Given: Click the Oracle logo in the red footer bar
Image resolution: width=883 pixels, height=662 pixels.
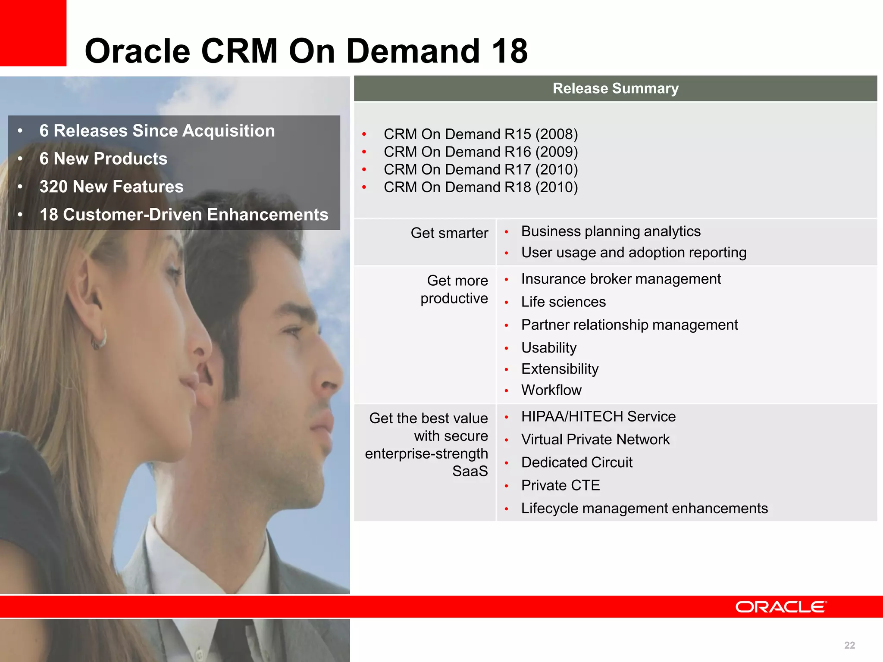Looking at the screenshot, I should pos(781,607).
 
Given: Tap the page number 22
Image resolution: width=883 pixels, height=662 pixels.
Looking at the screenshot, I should pos(849,645).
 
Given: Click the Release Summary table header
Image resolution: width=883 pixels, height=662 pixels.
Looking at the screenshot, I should pos(615,88).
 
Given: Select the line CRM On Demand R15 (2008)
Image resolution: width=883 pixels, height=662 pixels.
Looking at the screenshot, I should pos(480,134).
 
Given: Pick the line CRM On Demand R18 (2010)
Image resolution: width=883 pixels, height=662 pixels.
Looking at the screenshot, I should pos(480,187).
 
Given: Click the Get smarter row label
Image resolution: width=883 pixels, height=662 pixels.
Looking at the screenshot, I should pos(449,233).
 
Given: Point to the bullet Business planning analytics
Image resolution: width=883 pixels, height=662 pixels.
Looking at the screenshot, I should pos(611,231).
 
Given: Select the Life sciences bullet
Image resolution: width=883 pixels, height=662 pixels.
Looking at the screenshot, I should pos(563,302).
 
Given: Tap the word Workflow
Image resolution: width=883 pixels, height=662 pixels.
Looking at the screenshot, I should pos(551,390).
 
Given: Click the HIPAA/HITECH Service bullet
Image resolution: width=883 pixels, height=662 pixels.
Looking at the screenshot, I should pos(598,416).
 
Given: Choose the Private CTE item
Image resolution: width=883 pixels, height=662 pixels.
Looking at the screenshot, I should pos(560,485).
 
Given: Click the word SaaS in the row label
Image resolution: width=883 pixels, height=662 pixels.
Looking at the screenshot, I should pos(470,471).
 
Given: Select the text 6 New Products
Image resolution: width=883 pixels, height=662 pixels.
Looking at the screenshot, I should pos(103,159).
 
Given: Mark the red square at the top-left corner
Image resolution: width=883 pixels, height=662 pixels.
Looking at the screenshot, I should pos(33,33).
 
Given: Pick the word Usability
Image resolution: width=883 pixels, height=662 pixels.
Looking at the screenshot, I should pos(548,347).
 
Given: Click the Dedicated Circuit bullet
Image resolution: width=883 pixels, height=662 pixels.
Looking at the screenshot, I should pos(576,462).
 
